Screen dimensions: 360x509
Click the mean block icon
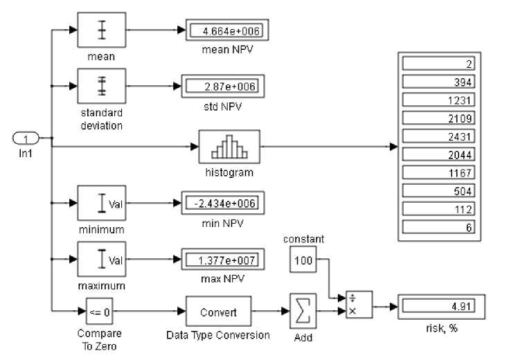pos(101,30)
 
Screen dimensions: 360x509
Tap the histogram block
pos(229,145)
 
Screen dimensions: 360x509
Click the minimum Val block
pos(101,202)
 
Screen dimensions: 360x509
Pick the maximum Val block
pos(101,260)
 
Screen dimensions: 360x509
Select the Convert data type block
pos(218,312)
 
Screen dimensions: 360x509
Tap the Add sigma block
pos(303,312)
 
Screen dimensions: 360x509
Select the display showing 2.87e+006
pos(223,86)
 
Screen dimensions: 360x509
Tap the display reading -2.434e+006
pos(223,202)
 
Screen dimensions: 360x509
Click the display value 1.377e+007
pos(223,260)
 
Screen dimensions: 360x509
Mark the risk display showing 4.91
pos(441,305)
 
